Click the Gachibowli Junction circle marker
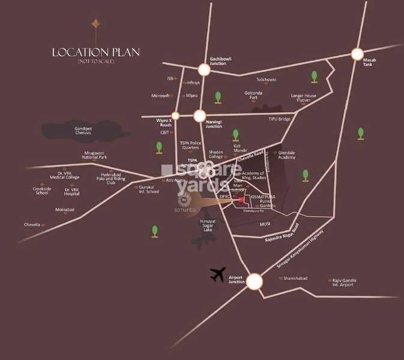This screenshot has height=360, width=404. tap(204, 70)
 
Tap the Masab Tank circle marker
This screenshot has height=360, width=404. tap(358, 53)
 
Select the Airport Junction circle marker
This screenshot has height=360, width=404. tap(255, 281)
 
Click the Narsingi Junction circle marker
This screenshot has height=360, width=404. tap(200, 116)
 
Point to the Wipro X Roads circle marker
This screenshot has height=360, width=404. tap(175, 115)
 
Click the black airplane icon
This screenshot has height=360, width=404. tap(218, 275)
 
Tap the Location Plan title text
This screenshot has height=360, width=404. tap(95, 52)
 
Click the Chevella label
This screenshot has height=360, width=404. tap(32, 224)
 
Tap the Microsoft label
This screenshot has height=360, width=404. tap(161, 95)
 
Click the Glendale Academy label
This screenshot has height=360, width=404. tap(287, 155)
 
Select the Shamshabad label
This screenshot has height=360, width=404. tap(297, 278)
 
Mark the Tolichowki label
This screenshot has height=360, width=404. tap(267, 79)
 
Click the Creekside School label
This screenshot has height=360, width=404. tap(41, 190)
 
